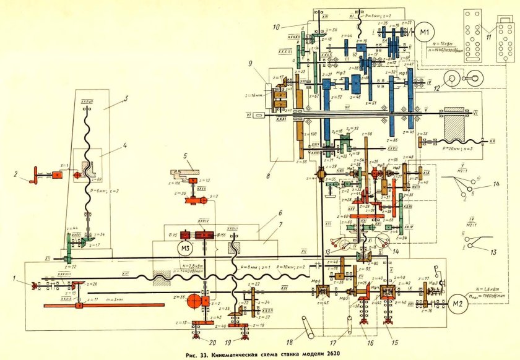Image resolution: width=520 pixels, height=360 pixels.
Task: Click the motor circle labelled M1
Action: click(x=425, y=32)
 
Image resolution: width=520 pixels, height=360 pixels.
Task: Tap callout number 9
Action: click(x=267, y=64)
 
